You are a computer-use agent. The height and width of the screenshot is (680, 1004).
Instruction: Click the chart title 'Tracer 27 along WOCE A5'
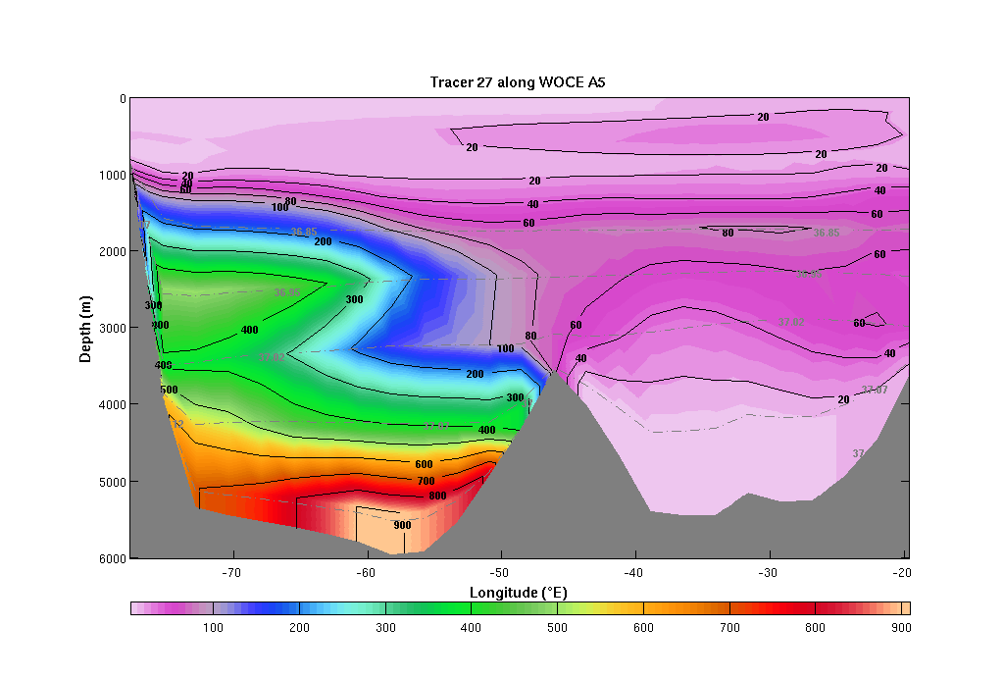[x=518, y=82]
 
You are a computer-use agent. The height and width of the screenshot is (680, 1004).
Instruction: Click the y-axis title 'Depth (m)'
[x=86, y=327]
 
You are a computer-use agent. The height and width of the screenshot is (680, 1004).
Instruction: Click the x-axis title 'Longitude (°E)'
[x=519, y=593]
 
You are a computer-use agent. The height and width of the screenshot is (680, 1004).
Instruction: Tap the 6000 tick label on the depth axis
[x=115, y=557]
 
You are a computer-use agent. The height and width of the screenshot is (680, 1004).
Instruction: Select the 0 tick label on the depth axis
[x=122, y=98]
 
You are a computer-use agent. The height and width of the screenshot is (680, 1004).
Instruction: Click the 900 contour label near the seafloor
[x=402, y=525]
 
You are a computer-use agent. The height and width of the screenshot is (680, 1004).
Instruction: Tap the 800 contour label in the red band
[x=437, y=497]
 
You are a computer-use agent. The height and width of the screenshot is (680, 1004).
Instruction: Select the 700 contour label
[x=426, y=482]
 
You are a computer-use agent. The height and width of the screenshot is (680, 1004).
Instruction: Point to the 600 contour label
[x=424, y=464]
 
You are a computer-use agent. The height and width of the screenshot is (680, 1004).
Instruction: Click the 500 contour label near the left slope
[x=169, y=390]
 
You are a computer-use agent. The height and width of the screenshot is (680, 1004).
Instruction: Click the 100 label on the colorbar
[x=213, y=627]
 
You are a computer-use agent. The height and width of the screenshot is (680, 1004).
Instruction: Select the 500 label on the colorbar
[x=556, y=627]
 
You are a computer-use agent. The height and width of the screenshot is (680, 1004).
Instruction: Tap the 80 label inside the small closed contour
[x=728, y=233]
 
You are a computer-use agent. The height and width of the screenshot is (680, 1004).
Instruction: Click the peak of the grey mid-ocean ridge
[x=554, y=374]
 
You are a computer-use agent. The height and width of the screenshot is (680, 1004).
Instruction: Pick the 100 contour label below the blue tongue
[x=505, y=348]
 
